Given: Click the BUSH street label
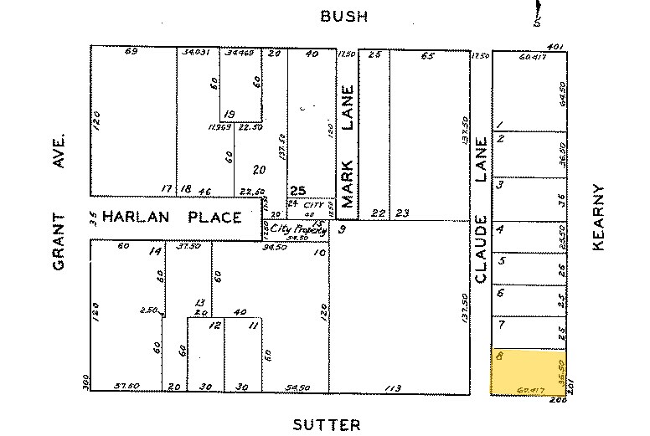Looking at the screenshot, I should click(344, 16).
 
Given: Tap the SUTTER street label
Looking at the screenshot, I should click(327, 425).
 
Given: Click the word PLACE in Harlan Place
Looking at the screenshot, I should click(214, 218).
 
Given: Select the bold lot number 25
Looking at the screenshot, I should click(297, 190).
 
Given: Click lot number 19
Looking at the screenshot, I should click(229, 115).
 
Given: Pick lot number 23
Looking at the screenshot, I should click(402, 213).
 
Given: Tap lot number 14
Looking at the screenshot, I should click(154, 251).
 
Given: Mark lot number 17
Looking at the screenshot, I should click(167, 189).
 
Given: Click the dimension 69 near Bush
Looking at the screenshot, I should click(131, 53).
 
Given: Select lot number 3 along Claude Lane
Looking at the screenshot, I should click(499, 184).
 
